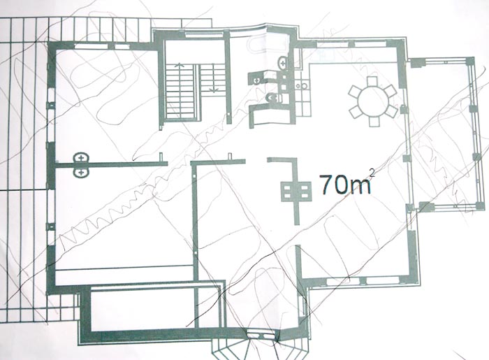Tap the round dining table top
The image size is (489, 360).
click(x=373, y=101)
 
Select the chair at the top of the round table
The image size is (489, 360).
click(x=372, y=81)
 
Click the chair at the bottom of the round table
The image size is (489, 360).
click(x=374, y=122)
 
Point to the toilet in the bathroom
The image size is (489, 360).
click(x=275, y=99)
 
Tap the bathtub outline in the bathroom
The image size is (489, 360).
click(x=268, y=46)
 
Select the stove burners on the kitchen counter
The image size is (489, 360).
click(x=302, y=85)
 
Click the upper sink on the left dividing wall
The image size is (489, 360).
click(x=82, y=158)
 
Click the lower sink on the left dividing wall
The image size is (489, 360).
click(x=82, y=172)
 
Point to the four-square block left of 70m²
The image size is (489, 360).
click(x=296, y=192)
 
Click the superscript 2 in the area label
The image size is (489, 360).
click(x=371, y=173)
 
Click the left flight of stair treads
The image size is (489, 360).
click(x=180, y=91)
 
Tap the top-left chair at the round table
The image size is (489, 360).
click(x=355, y=92)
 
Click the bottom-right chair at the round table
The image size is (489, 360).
click(x=391, y=111)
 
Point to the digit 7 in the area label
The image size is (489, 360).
click(x=327, y=184)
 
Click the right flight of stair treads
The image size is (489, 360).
click(x=212, y=78)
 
